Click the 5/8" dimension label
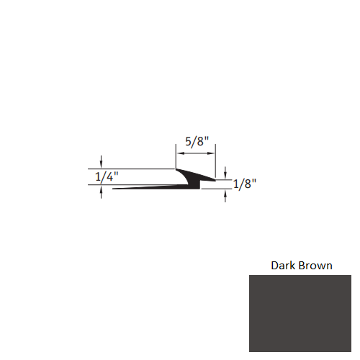(195, 143)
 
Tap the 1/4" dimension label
(105, 176)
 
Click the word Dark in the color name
(283, 265)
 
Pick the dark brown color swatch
(300, 317)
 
